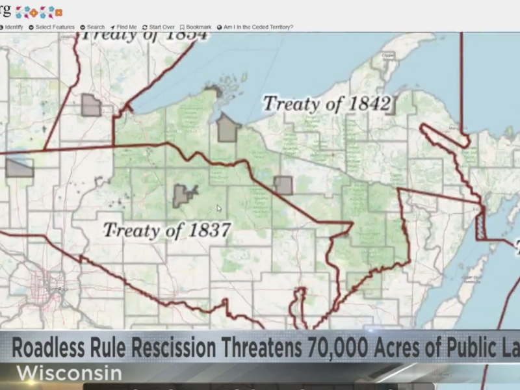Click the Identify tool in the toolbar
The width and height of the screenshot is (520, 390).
click(13, 27)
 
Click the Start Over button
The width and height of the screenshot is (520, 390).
click(159, 27)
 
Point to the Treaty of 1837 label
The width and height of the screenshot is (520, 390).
click(167, 229)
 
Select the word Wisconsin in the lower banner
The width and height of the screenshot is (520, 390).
click(70, 374)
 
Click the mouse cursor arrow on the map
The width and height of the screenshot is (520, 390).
click(219, 209)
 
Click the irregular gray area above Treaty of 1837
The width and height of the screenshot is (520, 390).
click(184, 195)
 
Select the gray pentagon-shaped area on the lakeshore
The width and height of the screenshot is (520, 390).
click(227, 128)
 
